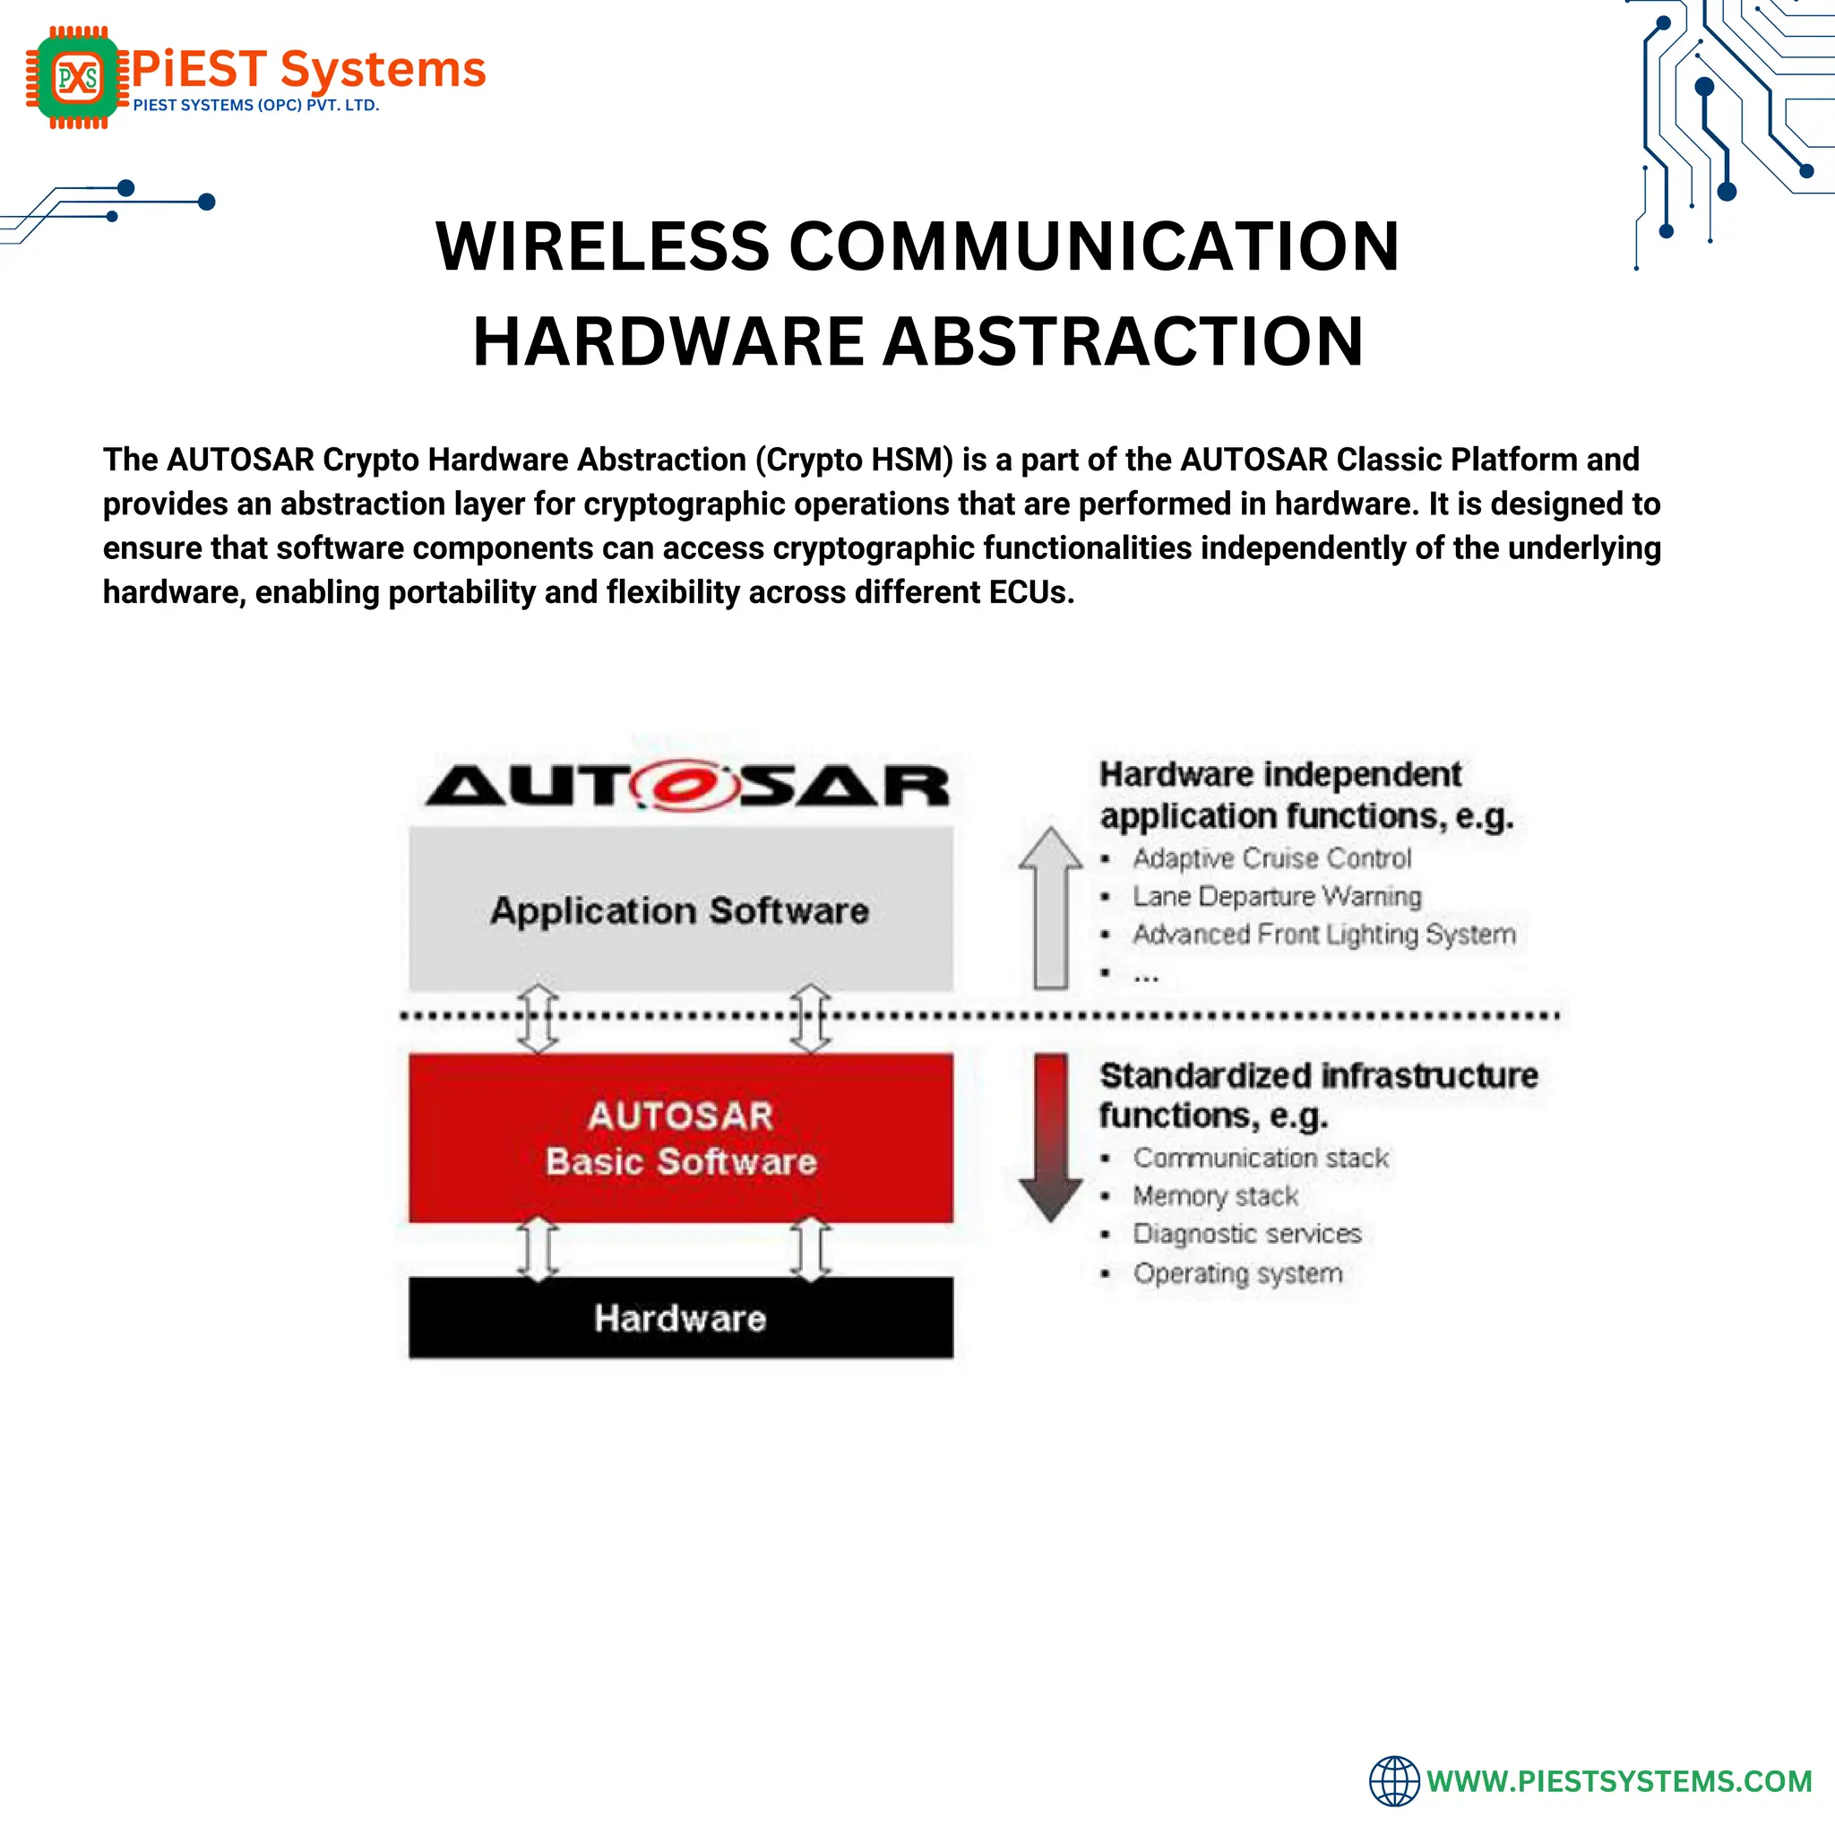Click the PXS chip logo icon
[77, 77]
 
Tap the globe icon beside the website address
[1393, 1780]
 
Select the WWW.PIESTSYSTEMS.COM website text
[1619, 1781]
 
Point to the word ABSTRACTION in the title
[1124, 342]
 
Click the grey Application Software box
[680, 909]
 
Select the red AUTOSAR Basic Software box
[680, 1137]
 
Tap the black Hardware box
[680, 1317]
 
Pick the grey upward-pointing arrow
[1050, 907]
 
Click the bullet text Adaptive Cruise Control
[1271, 858]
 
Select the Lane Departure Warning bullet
[1277, 897]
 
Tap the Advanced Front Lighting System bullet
[1324, 935]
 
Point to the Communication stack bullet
[1261, 1158]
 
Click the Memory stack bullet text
[1215, 1196]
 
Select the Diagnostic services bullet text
[1247, 1234]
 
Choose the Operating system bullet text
[1237, 1272]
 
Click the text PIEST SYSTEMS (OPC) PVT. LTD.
[255, 106]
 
